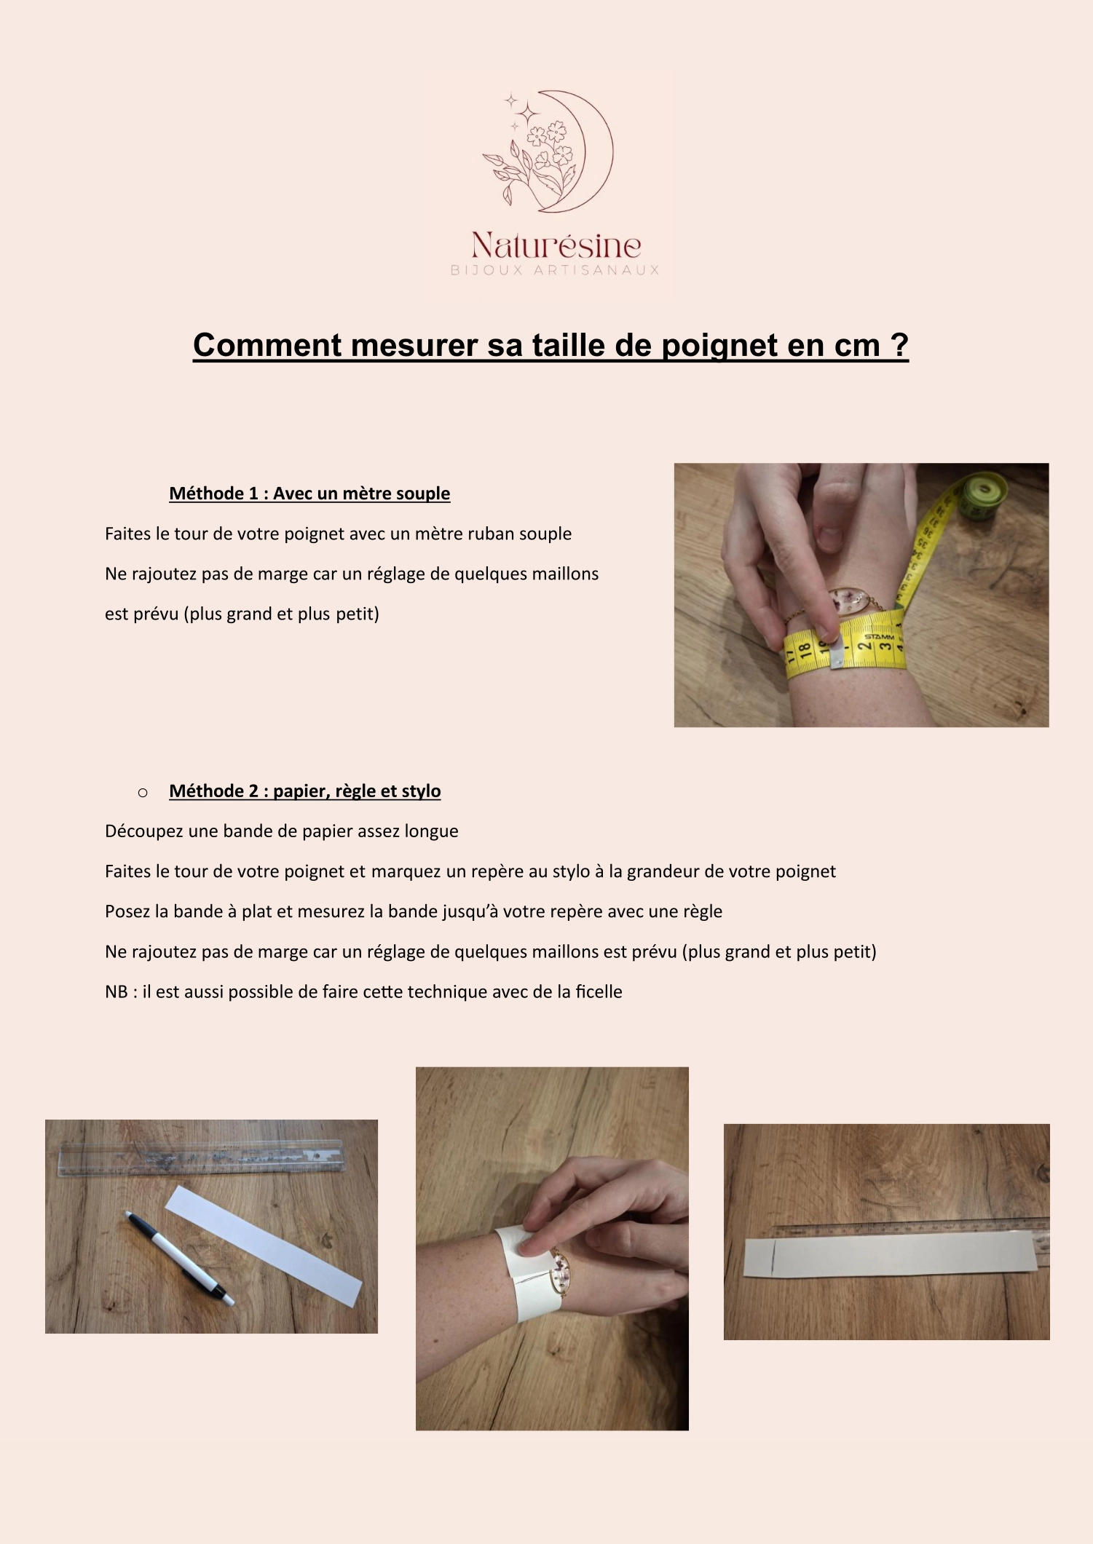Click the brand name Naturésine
556,245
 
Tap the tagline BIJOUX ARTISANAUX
555,270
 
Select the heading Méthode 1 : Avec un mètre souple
309,494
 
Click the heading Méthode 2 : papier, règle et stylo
305,791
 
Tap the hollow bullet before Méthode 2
143,792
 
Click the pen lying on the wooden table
180,1256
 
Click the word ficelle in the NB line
599,992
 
